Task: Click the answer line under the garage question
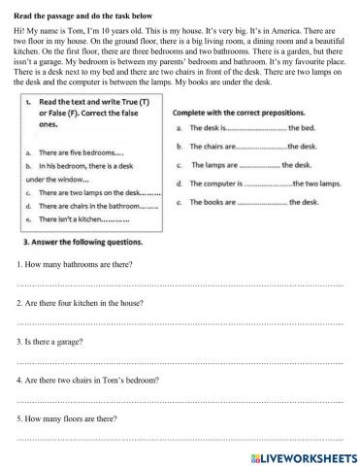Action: pos(180,358)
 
